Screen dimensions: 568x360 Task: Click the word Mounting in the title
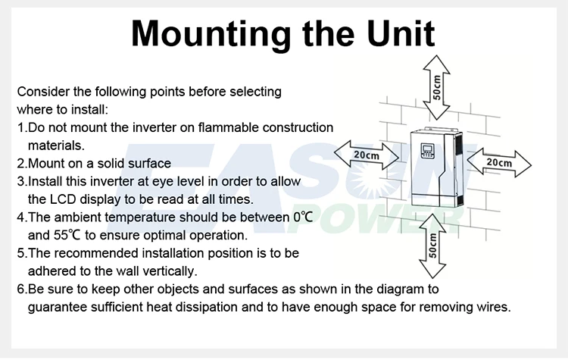(x=211, y=34)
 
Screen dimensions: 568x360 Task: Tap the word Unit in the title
(x=401, y=33)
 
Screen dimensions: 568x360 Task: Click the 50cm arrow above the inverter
(x=436, y=87)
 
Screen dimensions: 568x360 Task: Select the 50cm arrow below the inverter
(x=432, y=246)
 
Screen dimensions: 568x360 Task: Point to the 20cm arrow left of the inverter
(x=367, y=155)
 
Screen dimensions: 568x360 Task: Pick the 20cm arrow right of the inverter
(x=499, y=162)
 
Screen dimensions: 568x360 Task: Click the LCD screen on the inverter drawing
(x=427, y=149)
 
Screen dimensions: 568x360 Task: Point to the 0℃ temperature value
(x=303, y=218)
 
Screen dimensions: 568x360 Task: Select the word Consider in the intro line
(x=43, y=92)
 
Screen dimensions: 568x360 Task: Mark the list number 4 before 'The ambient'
(x=20, y=218)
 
